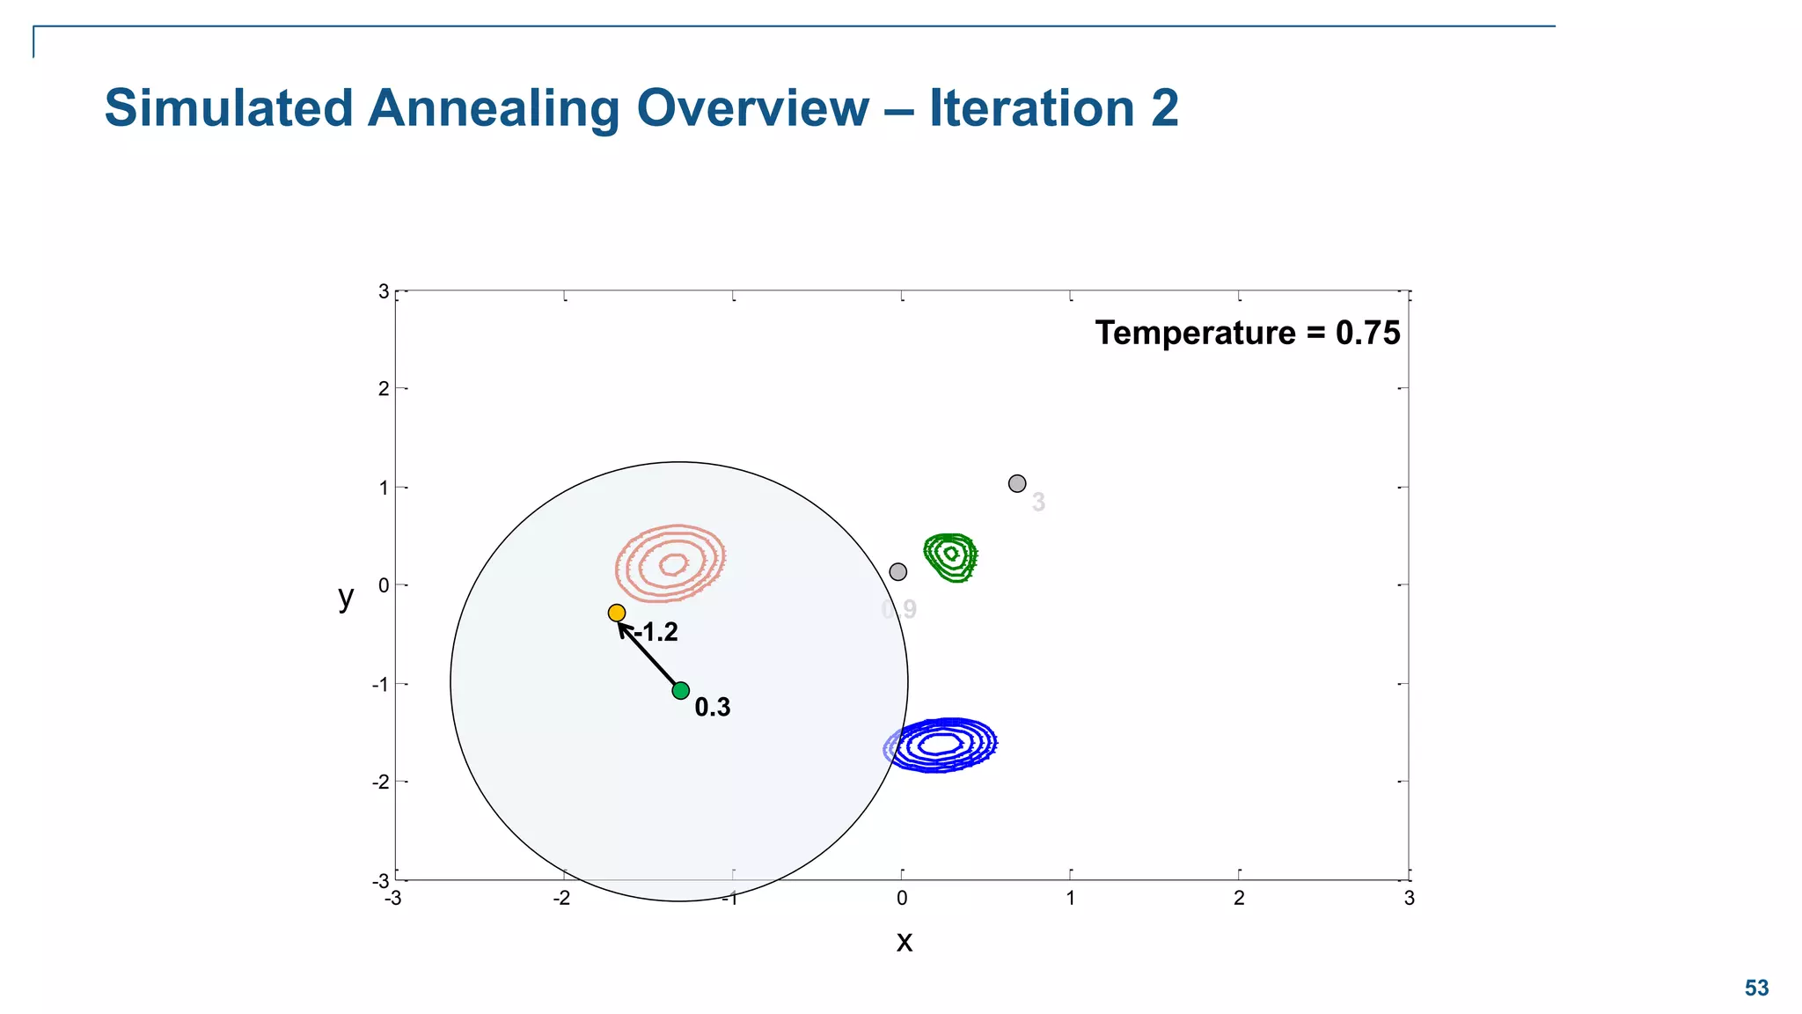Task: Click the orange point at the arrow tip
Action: (x=617, y=613)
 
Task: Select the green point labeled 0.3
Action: (x=680, y=690)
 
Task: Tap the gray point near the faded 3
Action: (x=1017, y=483)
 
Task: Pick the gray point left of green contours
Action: (x=897, y=571)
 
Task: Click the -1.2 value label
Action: (x=656, y=632)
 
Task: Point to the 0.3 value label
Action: (x=713, y=707)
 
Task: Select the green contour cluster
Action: (x=951, y=555)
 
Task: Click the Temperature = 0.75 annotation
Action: (x=1247, y=333)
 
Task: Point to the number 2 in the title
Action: (x=1163, y=108)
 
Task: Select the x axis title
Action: (x=904, y=942)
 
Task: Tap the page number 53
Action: (x=1756, y=988)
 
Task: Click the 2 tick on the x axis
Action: (x=1239, y=898)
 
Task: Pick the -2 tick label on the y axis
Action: (x=380, y=782)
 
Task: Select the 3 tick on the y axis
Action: (x=384, y=290)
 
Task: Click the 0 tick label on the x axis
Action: (x=902, y=898)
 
